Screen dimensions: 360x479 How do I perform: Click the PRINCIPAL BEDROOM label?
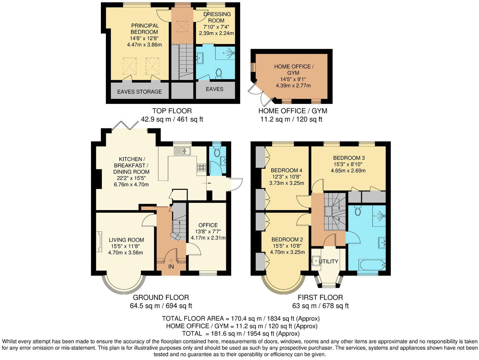pyautogui.click(x=145, y=29)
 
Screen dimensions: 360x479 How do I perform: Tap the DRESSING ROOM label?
pyautogui.click(x=217, y=17)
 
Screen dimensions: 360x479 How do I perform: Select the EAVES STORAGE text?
pyautogui.click(x=139, y=92)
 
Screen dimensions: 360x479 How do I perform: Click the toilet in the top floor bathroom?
pyautogui.click(x=218, y=73)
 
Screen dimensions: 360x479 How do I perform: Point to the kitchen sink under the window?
pyautogui.click(x=182, y=151)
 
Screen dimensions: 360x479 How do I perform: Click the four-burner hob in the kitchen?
pyautogui.click(x=201, y=167)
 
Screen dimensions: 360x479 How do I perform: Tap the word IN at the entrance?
pyautogui.click(x=171, y=266)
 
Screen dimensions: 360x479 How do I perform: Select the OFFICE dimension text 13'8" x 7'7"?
pyautogui.click(x=208, y=231)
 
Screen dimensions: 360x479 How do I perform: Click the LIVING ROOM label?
pyautogui.click(x=126, y=240)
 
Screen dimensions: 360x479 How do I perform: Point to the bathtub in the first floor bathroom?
pyautogui.click(x=372, y=265)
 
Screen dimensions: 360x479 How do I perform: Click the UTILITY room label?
pyautogui.click(x=329, y=261)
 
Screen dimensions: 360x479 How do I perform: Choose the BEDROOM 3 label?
pyautogui.click(x=349, y=158)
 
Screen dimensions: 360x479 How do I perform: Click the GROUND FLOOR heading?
pyautogui.click(x=161, y=297)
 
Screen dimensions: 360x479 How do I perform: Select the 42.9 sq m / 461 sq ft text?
pyautogui.click(x=172, y=119)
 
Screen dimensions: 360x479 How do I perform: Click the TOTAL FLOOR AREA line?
pyautogui.click(x=240, y=319)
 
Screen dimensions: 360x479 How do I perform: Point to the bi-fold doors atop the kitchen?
pyautogui.click(x=125, y=126)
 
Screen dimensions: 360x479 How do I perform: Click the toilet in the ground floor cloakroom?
pyautogui.click(x=217, y=152)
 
